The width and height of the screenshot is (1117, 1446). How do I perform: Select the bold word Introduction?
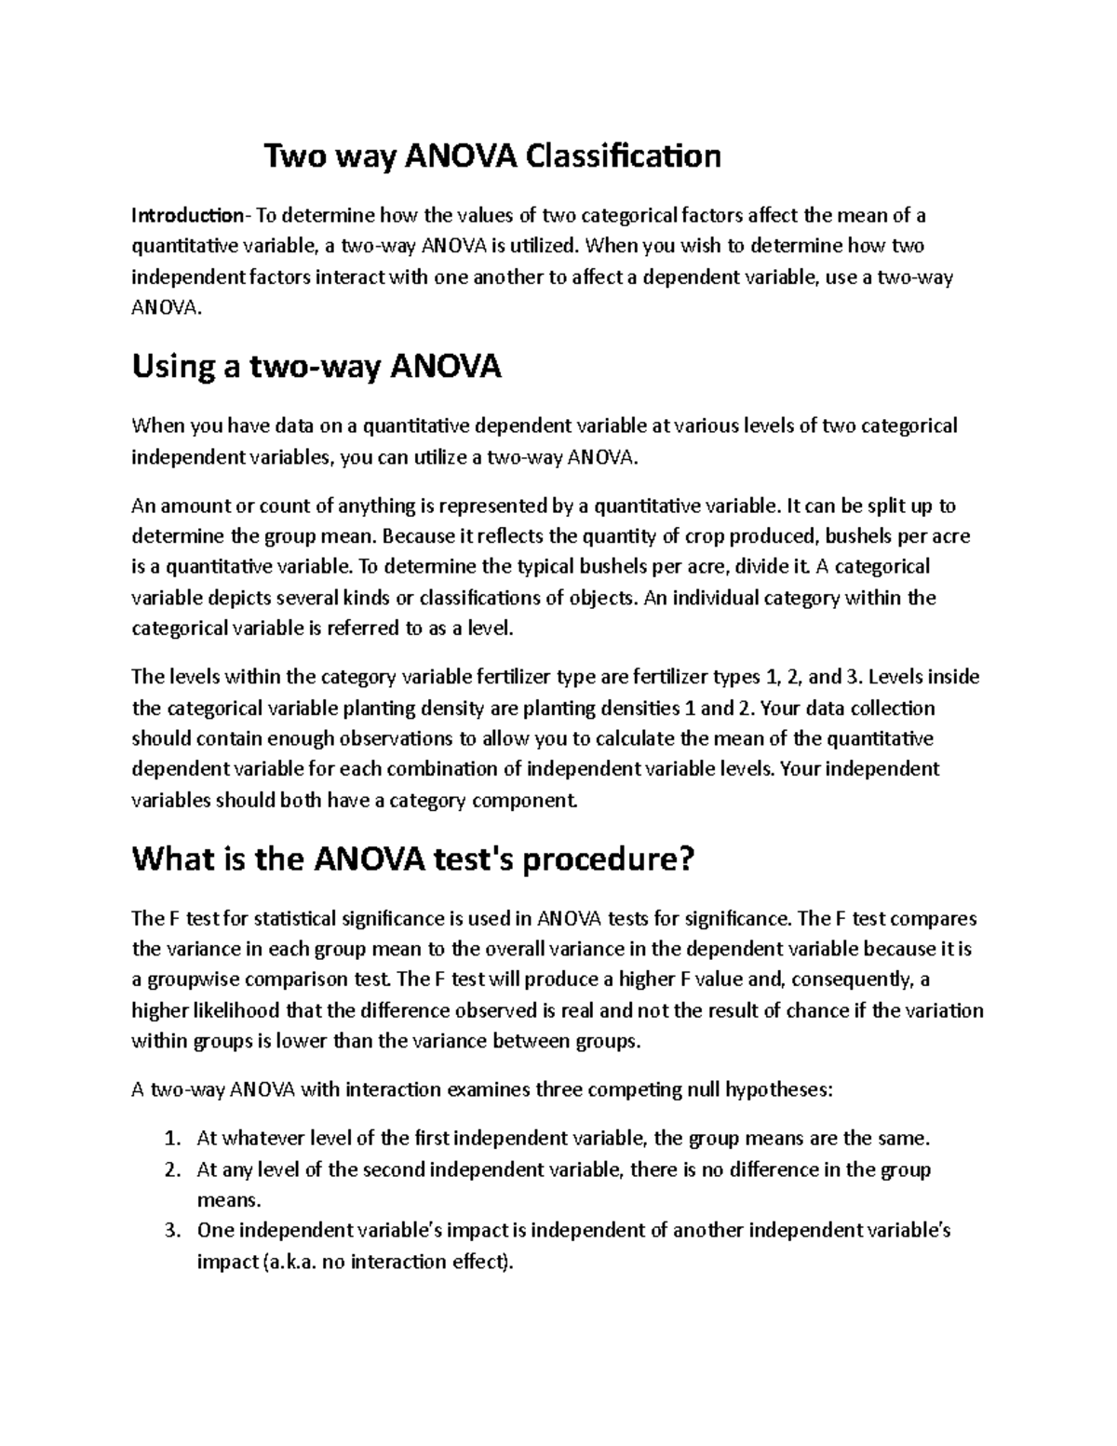coord(187,216)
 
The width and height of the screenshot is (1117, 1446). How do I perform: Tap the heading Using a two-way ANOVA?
coord(316,367)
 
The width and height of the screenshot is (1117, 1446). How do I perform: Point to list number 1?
coord(170,1138)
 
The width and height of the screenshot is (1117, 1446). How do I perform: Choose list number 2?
coord(170,1169)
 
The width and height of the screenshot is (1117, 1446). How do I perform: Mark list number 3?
coord(170,1230)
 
